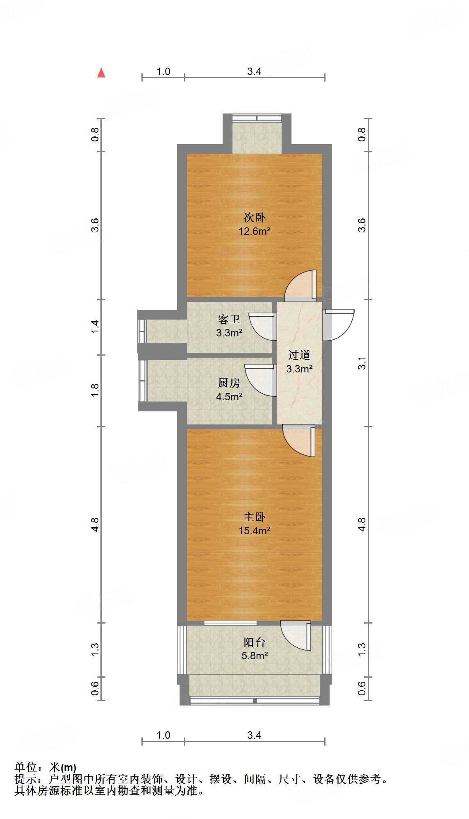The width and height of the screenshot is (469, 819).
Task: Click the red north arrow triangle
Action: tap(101, 73)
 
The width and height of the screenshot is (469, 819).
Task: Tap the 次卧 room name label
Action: tap(254, 217)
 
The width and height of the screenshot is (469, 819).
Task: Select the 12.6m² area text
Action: tap(254, 231)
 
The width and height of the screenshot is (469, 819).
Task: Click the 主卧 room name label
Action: tap(254, 517)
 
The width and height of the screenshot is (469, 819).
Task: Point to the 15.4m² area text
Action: tap(254, 531)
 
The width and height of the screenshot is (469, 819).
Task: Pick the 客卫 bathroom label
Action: tap(229, 319)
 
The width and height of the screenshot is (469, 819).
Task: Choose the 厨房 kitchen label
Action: tap(229, 383)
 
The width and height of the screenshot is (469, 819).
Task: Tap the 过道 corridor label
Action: tap(299, 355)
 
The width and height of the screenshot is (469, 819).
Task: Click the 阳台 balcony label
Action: tap(254, 642)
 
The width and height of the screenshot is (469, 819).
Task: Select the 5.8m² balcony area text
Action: tap(254, 656)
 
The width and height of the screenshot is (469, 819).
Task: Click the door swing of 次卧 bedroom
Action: tap(301, 285)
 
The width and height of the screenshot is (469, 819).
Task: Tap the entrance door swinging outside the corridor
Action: tap(339, 325)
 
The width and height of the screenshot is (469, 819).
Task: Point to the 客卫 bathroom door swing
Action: tap(264, 327)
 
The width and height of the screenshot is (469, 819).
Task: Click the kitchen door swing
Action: tap(260, 380)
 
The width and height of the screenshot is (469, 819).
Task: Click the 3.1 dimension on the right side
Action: tap(362, 363)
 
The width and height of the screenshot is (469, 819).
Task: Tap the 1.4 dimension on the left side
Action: tap(95, 327)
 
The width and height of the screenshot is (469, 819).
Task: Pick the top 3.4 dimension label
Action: tap(254, 72)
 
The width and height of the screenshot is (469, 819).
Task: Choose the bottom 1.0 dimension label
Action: tap(163, 735)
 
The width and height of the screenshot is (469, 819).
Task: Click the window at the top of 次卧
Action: tap(257, 118)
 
